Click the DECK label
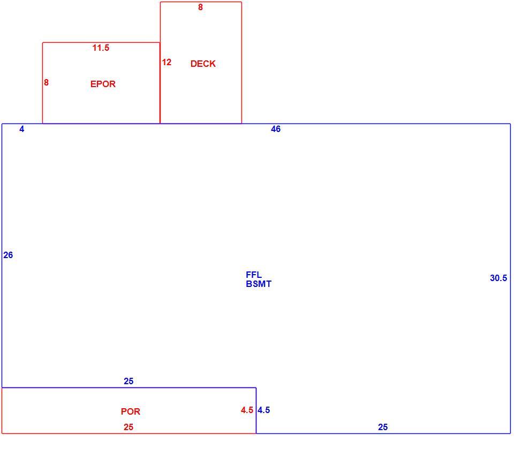[203, 64]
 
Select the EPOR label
[103, 84]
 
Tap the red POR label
[131, 411]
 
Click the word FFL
[254, 275]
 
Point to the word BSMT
[259, 284]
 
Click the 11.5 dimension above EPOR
[101, 48]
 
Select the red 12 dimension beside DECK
[166, 62]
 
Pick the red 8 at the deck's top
[200, 7]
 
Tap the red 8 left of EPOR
[46, 82]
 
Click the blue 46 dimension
[276, 129]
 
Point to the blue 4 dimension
[21, 129]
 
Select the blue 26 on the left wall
[8, 255]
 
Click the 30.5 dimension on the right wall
[498, 278]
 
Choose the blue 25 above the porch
[128, 381]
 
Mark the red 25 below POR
[128, 427]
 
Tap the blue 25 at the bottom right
[383, 427]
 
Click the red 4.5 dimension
[247, 410]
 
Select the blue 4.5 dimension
[263, 410]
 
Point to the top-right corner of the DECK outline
[241, 2]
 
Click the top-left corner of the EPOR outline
[43, 43]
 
